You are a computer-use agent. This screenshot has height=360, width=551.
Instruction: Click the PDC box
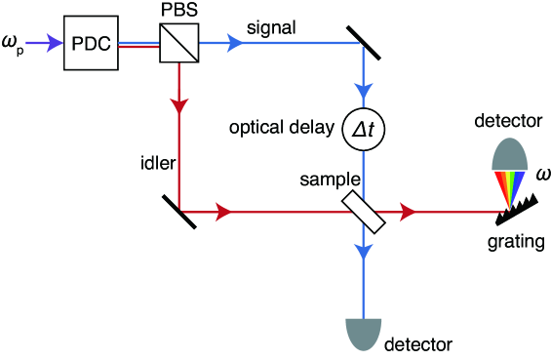click(91, 44)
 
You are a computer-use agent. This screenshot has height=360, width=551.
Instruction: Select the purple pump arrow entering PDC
click(46, 43)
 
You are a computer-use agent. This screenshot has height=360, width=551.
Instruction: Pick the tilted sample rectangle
click(363, 210)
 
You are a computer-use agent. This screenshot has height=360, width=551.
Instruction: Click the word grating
click(516, 241)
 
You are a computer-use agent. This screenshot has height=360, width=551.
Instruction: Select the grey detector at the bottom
click(363, 332)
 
